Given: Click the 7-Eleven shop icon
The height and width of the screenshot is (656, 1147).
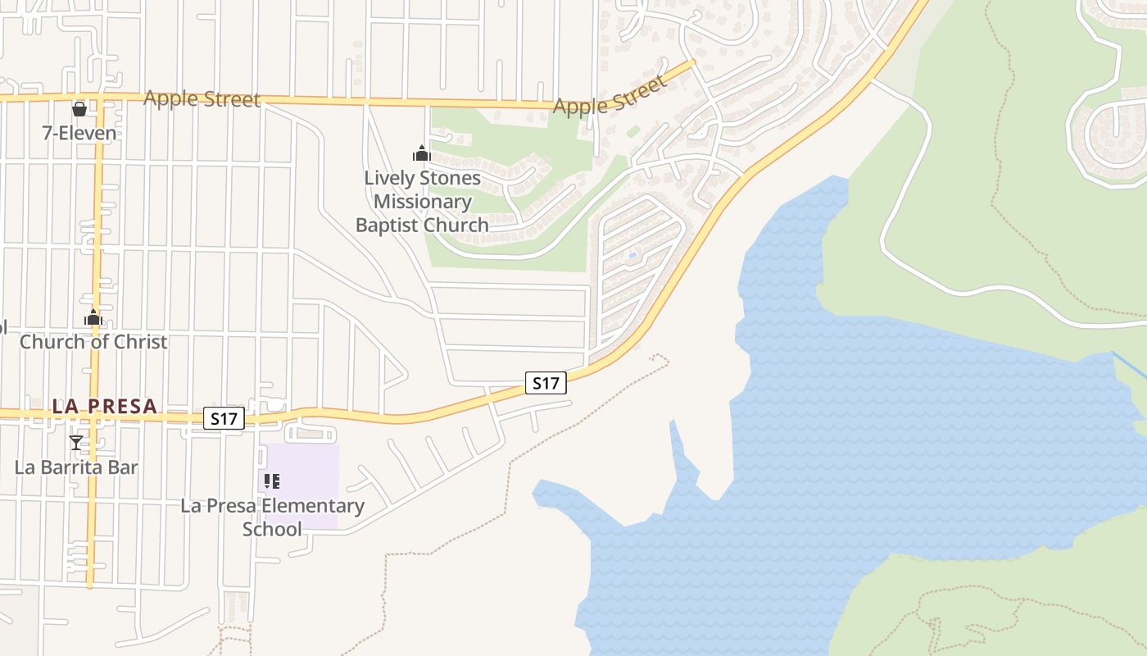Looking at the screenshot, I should tap(79, 108).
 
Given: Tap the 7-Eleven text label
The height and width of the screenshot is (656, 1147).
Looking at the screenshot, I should tap(79, 132).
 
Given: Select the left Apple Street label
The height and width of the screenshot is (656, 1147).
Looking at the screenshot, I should tap(202, 99).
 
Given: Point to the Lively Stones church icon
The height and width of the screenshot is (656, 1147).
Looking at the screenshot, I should tap(421, 153).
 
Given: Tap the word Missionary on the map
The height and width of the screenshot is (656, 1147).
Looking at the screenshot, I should tap(422, 201).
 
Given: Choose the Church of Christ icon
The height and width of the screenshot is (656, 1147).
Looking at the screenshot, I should tap(93, 317).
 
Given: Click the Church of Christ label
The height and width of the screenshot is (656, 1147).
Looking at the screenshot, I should tap(93, 342).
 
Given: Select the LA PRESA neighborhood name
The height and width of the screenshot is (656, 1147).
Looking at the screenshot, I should tap(104, 406).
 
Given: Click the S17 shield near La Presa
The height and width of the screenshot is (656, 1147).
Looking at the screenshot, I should tap(224, 419).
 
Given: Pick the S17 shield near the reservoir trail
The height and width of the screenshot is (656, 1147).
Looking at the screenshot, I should tap(546, 382).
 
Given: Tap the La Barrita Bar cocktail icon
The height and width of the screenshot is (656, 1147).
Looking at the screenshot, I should tap(76, 443).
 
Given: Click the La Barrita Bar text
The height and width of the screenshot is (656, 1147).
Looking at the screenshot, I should tap(76, 467).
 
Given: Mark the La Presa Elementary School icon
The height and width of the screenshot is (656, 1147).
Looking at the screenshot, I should tap(272, 481).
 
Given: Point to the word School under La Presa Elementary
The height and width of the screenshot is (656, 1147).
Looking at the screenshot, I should tap(272, 529).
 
